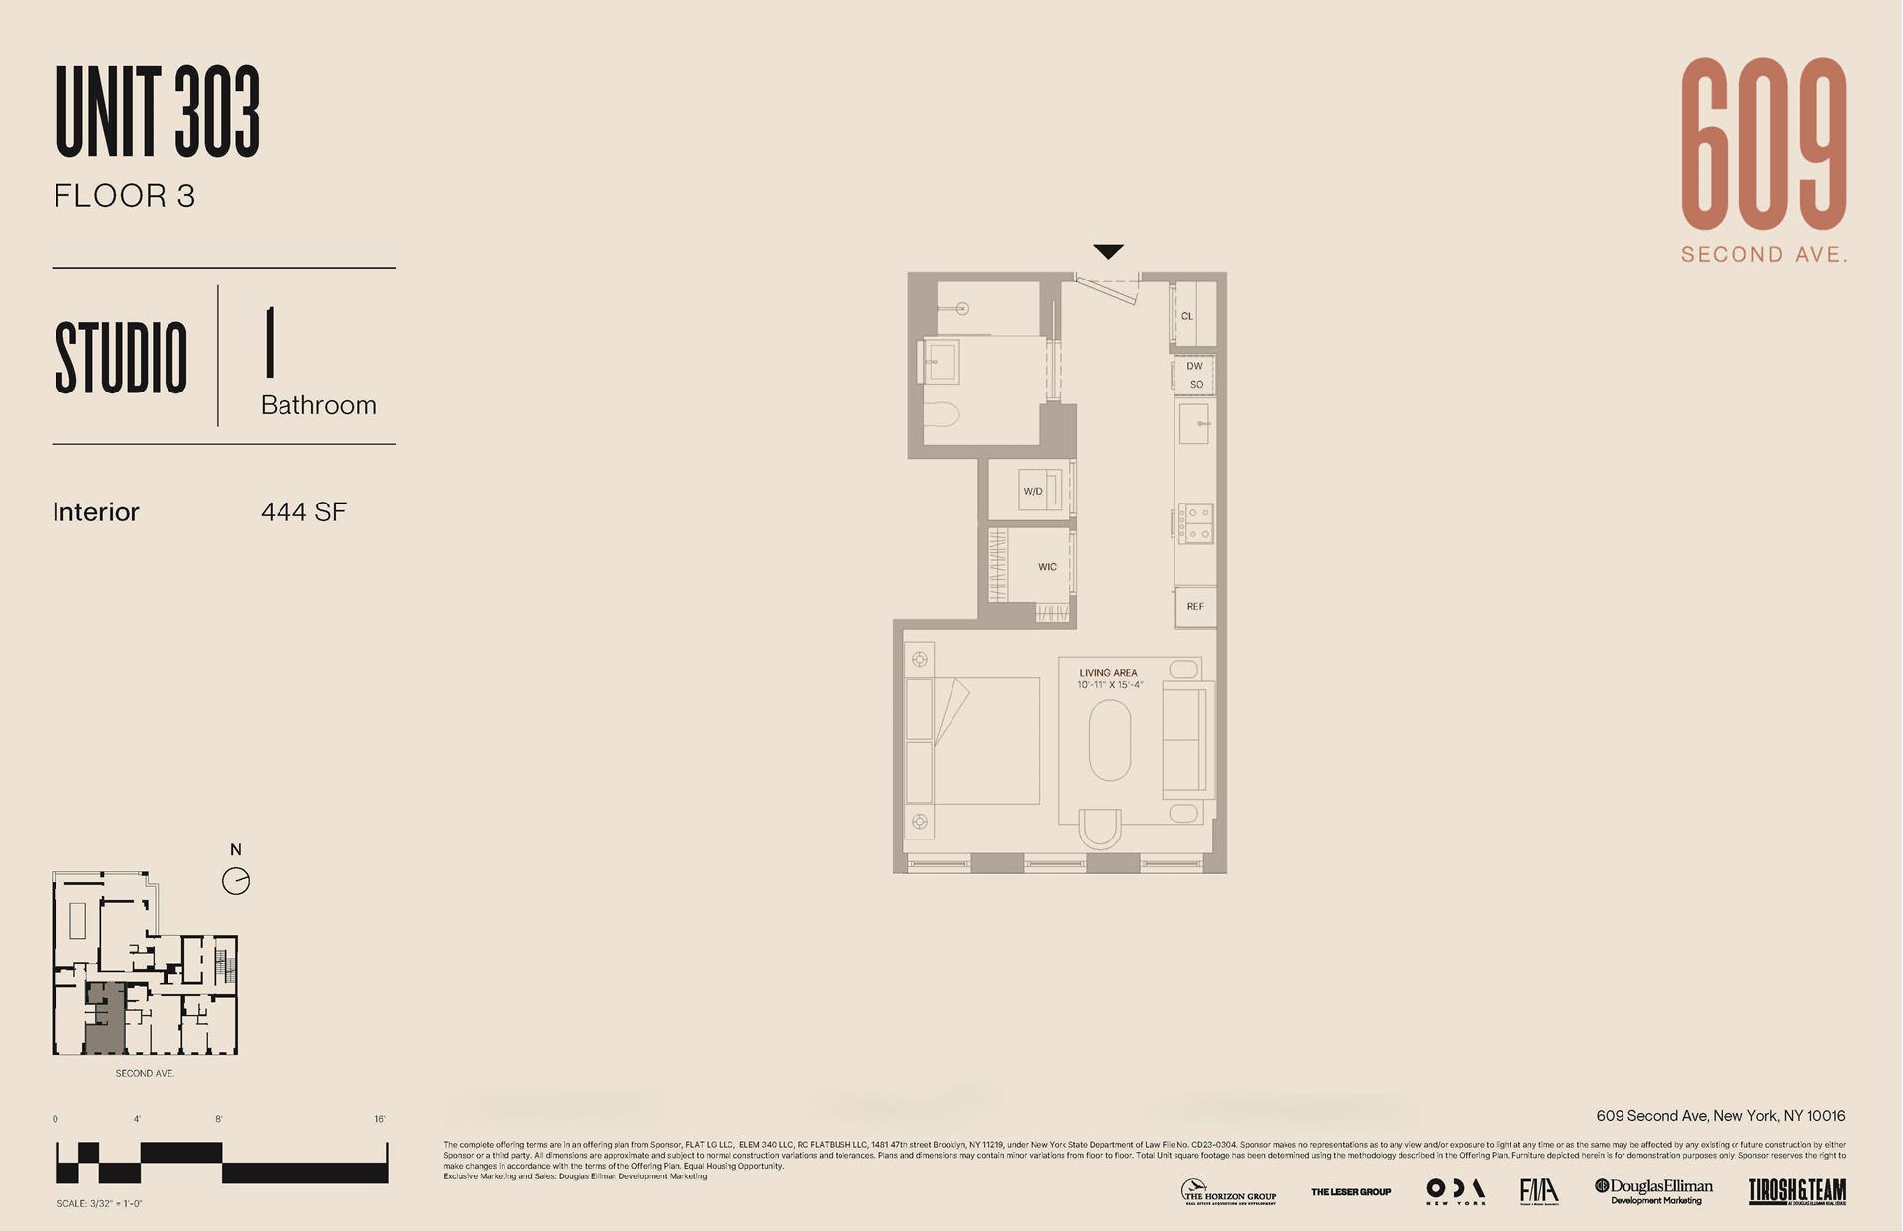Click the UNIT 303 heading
158,111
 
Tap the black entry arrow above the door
1108,251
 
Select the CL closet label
1187,316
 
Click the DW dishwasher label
1194,366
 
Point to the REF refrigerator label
1195,606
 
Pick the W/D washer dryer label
1033,491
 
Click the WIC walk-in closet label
1047,567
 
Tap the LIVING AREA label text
1108,673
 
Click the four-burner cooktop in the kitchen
1195,523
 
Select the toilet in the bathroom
943,414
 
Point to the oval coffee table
1109,740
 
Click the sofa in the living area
1185,739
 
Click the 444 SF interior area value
303,512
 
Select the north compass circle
236,881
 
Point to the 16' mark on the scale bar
380,1119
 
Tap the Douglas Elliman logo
1653,1190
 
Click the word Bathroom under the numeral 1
318,405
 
